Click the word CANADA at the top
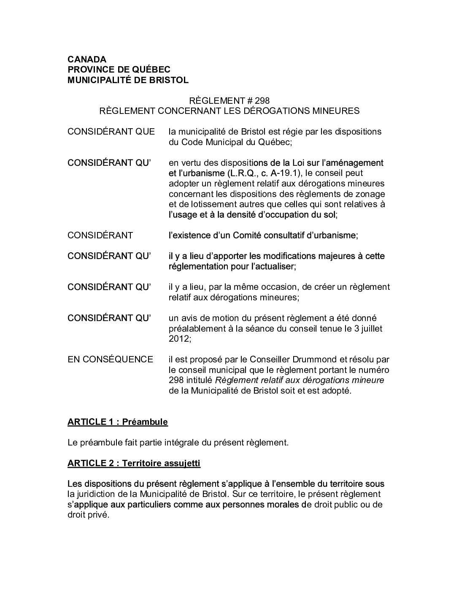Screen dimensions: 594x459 pyautogui.click(x=87, y=59)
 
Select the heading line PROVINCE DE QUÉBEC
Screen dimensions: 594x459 pyautogui.click(x=119, y=70)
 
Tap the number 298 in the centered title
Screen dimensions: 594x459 pyautogui.click(x=262, y=100)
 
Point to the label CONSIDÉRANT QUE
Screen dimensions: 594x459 pyautogui.click(x=111, y=132)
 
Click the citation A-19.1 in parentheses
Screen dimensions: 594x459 pyautogui.click(x=287, y=173)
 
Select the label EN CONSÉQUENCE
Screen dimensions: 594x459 pyautogui.click(x=110, y=359)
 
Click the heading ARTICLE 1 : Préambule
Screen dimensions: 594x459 pyautogui.click(x=118, y=422)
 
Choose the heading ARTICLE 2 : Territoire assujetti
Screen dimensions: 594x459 pyautogui.click(x=134, y=463)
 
